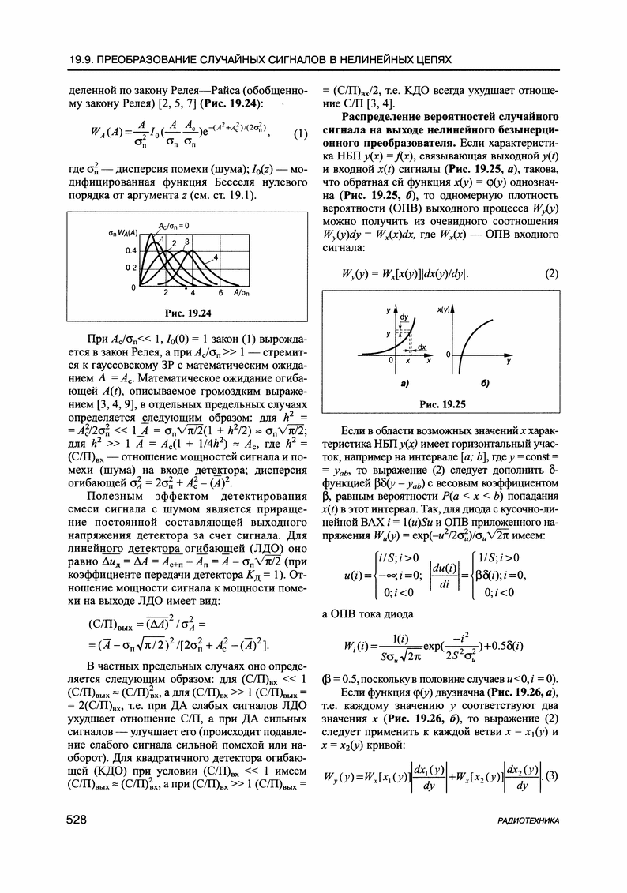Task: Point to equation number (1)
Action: click(x=299, y=134)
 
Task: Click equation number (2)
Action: click(x=551, y=275)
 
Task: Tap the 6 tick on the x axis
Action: click(x=220, y=291)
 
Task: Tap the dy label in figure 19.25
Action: click(x=405, y=317)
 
